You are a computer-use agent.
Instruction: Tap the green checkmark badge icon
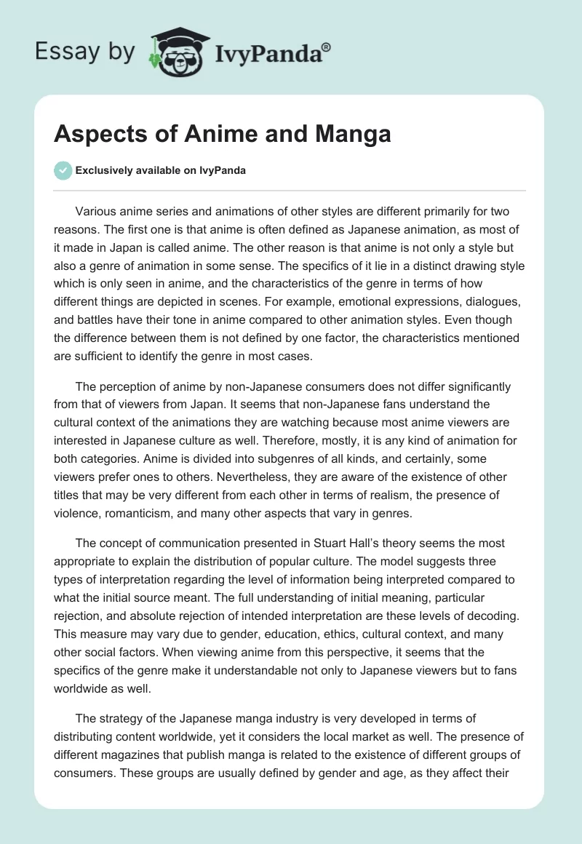[x=63, y=170]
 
